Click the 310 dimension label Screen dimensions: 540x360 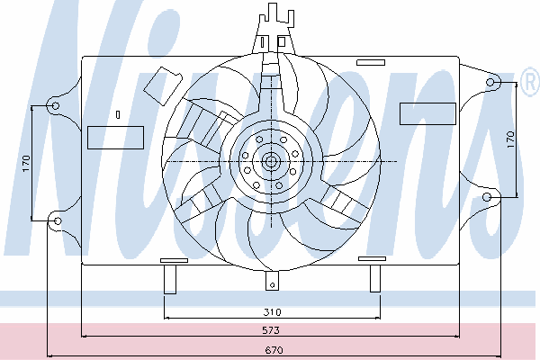(272, 312)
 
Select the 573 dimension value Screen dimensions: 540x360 (271, 330)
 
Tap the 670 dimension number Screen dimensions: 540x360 (274, 350)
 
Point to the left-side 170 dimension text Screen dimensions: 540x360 (26, 164)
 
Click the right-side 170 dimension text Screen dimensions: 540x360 (510, 139)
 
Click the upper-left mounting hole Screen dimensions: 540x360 (56, 106)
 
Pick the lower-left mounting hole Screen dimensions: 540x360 (58, 220)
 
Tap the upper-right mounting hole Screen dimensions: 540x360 (490, 82)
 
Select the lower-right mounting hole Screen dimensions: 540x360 (487, 197)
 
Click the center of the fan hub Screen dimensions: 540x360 (271, 161)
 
